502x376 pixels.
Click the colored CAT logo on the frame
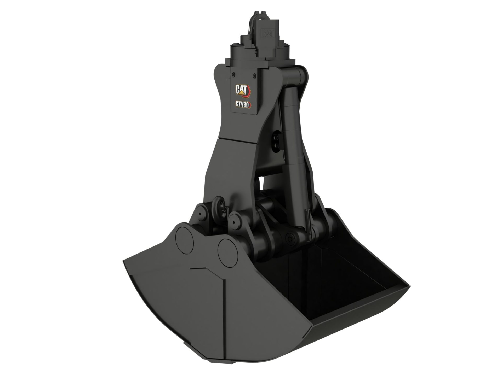coord(243,90)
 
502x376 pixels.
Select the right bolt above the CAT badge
coord(253,75)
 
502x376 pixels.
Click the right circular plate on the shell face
coord(228,249)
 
